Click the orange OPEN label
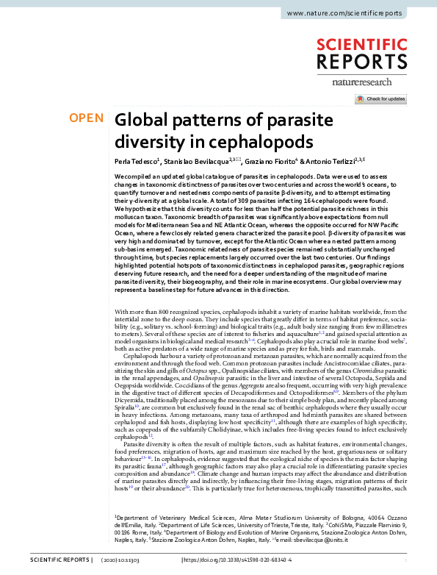(x=86, y=118)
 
